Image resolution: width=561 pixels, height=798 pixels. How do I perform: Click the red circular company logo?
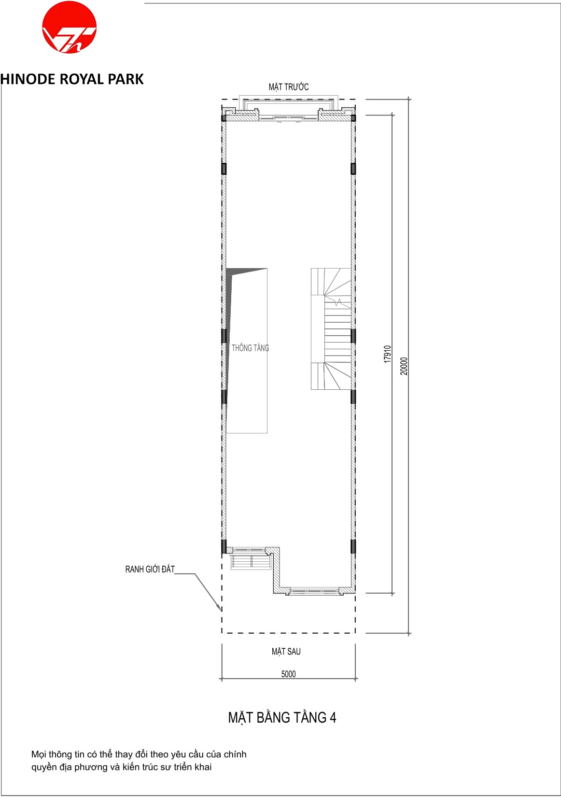pos(70,27)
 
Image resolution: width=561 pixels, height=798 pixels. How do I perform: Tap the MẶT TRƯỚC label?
pos(288,86)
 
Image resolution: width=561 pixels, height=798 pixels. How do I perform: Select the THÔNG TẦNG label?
pos(250,348)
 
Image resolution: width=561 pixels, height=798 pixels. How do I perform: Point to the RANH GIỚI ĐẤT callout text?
pos(150,569)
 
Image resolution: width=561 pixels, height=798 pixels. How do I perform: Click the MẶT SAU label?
pos(286,652)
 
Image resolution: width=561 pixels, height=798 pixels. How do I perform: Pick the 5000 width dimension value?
pos(288,674)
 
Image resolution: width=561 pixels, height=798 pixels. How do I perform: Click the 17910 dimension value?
pos(387,354)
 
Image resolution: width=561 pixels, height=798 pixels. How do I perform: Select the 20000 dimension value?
pos(404,366)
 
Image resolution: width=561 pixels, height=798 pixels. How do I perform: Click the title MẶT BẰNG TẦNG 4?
pos(282,717)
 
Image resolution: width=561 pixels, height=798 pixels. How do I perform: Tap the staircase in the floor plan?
pos(331,328)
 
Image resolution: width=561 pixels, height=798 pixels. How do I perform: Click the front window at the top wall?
pos(288,117)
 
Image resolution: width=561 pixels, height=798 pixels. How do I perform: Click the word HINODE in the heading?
pos(28,79)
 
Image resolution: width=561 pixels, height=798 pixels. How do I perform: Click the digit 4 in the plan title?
pos(333,717)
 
